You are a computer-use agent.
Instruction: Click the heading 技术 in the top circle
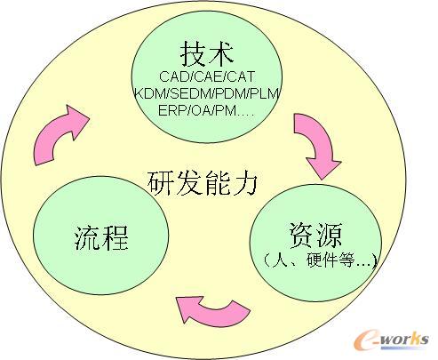click(x=207, y=53)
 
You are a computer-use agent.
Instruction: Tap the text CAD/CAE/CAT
click(x=207, y=76)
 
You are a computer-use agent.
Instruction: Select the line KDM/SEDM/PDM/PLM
click(x=207, y=93)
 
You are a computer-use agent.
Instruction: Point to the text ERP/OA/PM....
click(x=206, y=110)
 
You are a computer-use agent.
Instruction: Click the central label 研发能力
click(x=203, y=183)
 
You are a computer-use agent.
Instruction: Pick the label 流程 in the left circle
click(x=101, y=238)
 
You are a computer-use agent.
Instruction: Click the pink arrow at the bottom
click(x=212, y=312)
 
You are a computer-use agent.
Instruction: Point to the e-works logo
click(x=392, y=340)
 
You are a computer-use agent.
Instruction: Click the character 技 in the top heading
click(x=193, y=53)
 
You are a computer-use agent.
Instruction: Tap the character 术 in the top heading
click(x=221, y=53)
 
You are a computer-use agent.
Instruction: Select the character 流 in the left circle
click(x=87, y=238)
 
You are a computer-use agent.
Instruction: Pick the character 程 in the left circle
click(x=115, y=238)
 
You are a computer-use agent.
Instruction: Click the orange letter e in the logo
click(x=366, y=340)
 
